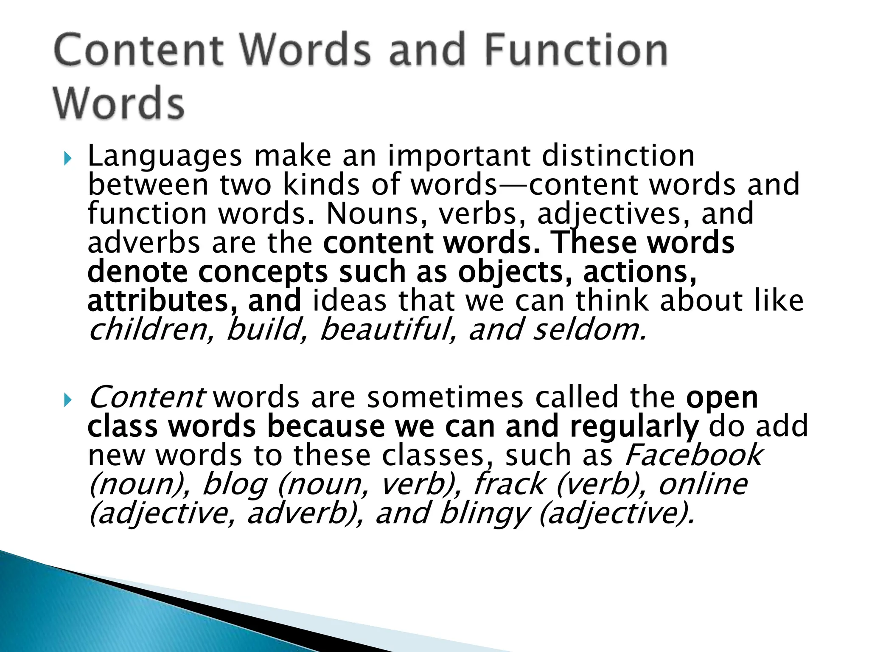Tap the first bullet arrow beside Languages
(67, 159)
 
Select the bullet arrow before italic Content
(67, 400)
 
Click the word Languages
(165, 157)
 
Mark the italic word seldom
(589, 330)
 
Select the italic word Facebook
(693, 455)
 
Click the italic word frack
(509, 484)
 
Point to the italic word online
(703, 484)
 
